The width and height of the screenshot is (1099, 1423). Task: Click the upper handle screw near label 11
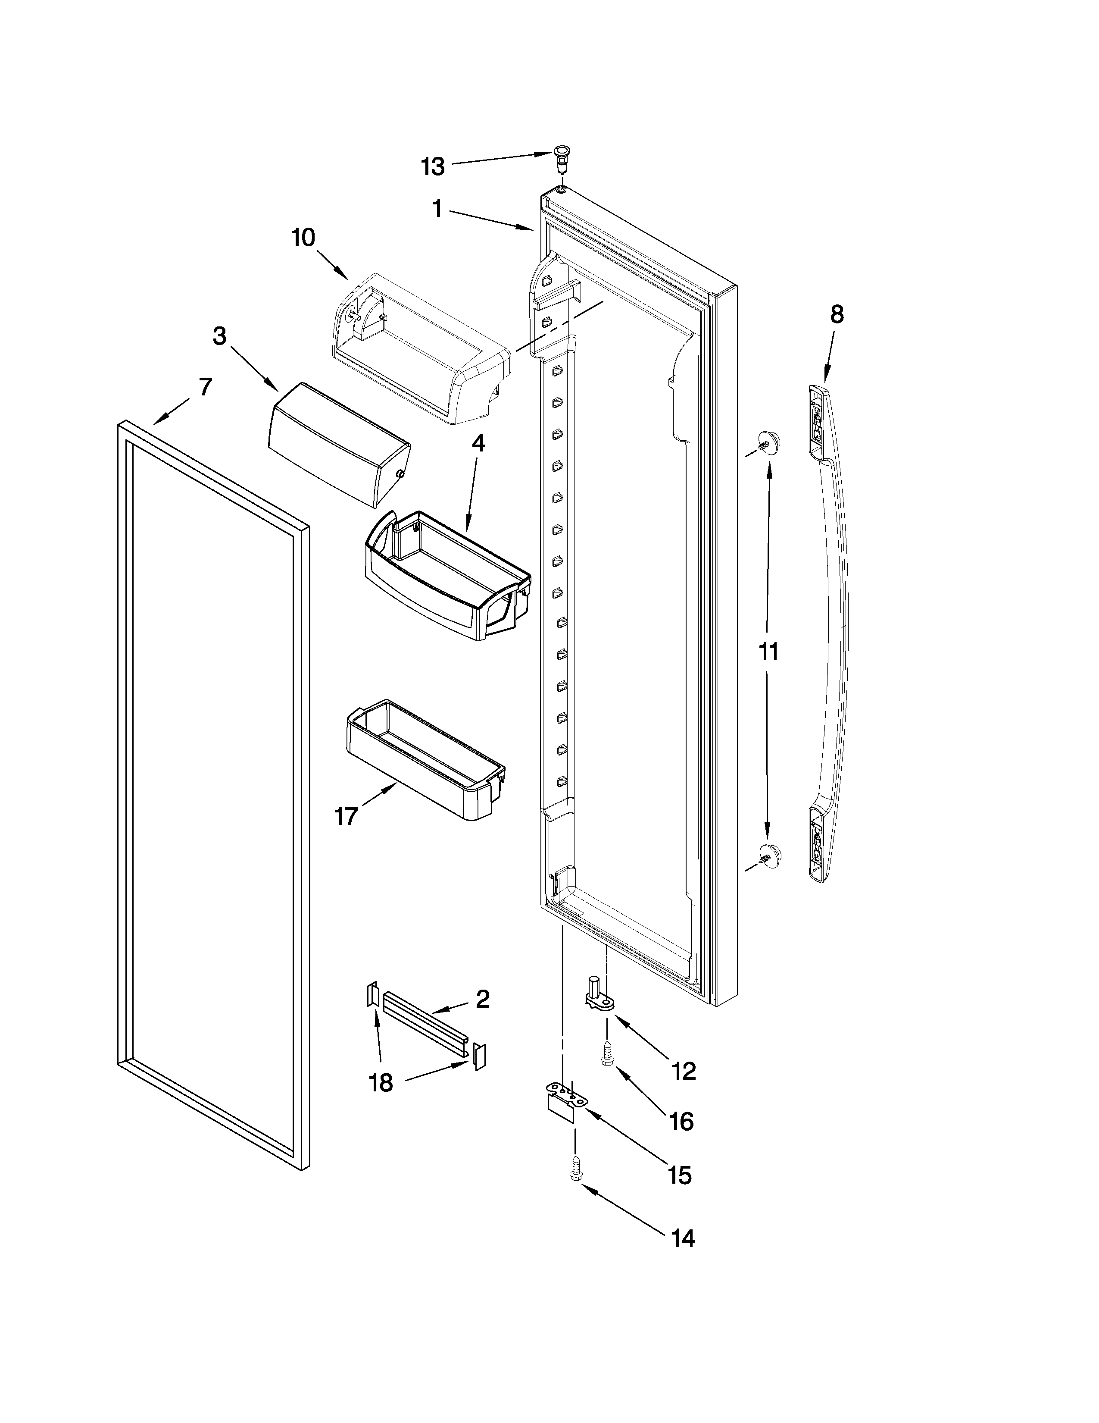pyautogui.click(x=768, y=443)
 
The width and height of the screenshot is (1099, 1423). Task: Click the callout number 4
pyautogui.click(x=478, y=444)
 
